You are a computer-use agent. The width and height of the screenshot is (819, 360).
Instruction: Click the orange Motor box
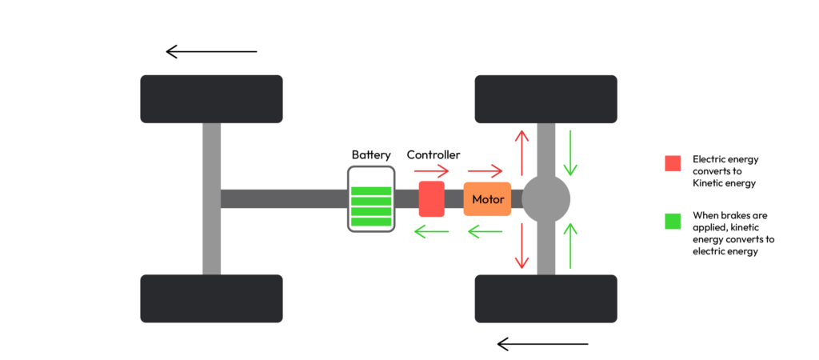[x=487, y=199]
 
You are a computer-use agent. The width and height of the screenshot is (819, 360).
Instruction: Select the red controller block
[x=431, y=198]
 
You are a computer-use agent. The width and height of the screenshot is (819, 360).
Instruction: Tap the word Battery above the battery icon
[x=371, y=154]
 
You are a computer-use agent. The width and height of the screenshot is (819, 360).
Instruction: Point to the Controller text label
[x=433, y=154]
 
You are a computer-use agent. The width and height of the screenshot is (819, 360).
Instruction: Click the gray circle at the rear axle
[x=546, y=198]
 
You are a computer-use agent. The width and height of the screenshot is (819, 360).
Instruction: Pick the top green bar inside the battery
[x=371, y=191]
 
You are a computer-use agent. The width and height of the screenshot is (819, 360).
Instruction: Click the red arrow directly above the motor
[x=485, y=170]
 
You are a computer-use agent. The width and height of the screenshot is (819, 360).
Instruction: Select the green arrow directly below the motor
[x=485, y=233]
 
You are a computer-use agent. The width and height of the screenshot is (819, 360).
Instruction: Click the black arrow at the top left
[x=211, y=52]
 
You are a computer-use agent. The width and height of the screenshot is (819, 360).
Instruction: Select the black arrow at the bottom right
[x=542, y=344]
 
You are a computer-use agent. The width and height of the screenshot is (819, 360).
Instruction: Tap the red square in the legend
[x=673, y=162]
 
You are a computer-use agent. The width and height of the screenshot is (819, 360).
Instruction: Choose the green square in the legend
[x=673, y=220]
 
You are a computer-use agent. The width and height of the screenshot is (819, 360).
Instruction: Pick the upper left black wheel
[x=211, y=98]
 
